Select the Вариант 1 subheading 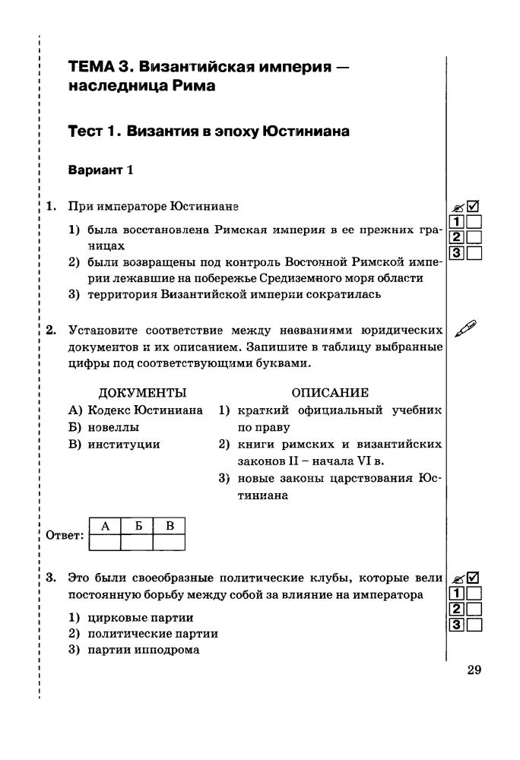click(101, 169)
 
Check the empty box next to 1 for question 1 click(474, 222)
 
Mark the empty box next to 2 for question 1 click(474, 238)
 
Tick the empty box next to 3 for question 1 click(474, 254)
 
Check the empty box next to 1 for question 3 click(474, 594)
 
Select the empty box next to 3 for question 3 click(474, 625)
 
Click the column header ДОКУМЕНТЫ click(143, 393)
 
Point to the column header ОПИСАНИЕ click(330, 393)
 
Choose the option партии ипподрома click(135, 649)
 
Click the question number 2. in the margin click(51, 330)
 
